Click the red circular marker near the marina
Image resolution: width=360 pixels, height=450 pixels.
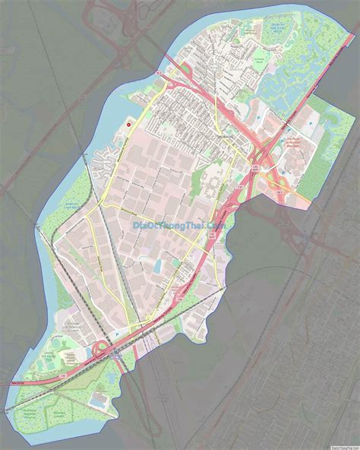128,125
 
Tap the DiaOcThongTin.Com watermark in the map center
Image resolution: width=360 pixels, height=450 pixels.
179,226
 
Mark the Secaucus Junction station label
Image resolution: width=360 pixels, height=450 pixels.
114,356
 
